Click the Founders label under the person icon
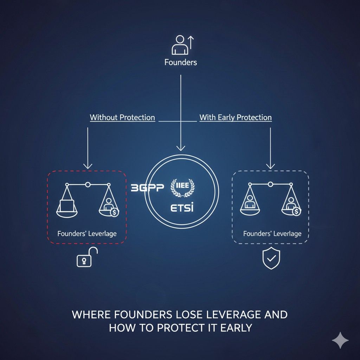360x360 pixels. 181,62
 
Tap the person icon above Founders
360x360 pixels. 180,45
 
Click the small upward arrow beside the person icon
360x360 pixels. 191,43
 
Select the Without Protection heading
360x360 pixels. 122,117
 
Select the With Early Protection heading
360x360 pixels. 236,117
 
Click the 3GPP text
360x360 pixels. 147,188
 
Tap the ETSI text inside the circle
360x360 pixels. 182,207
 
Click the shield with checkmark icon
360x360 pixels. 271,258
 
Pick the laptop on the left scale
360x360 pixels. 67,205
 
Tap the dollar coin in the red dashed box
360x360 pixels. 114,212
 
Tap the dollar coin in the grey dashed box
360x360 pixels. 296,211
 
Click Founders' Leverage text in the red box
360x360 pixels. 87,233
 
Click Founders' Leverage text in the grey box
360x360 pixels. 272,233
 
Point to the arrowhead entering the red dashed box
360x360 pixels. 88,166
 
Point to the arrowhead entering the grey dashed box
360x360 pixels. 270,166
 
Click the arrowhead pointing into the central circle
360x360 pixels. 181,148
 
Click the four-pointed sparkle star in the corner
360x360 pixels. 340,340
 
